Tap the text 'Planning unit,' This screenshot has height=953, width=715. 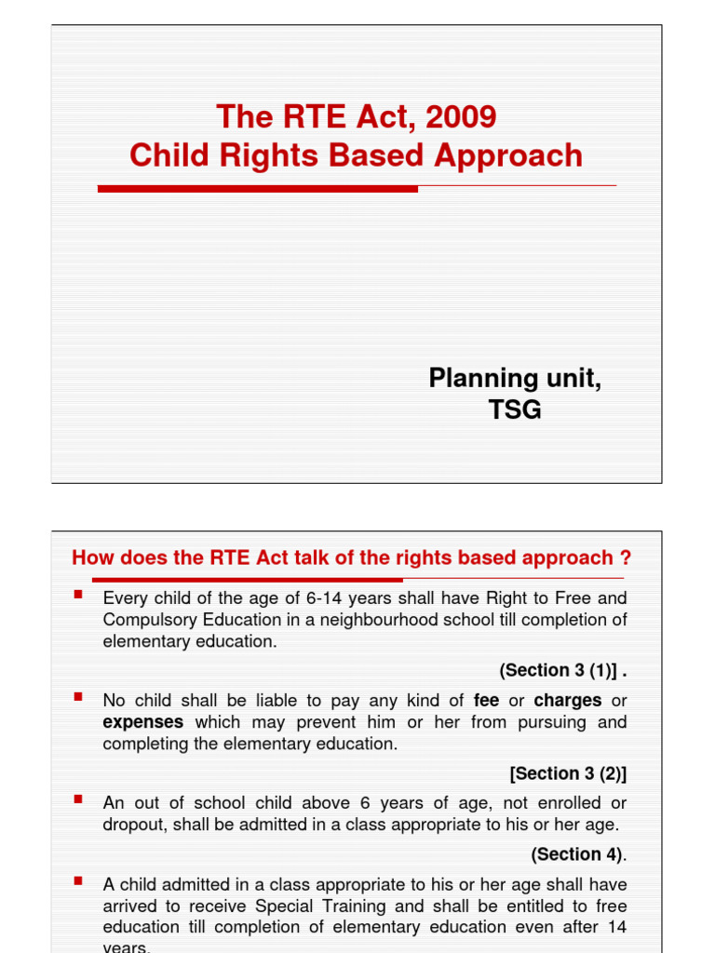point(515,379)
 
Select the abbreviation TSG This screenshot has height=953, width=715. point(515,409)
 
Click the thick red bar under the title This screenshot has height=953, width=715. point(258,189)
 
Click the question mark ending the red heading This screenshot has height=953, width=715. point(626,558)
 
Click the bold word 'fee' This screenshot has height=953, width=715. point(487,701)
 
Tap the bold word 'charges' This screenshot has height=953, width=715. point(568,701)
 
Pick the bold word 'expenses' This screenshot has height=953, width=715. point(142,722)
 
